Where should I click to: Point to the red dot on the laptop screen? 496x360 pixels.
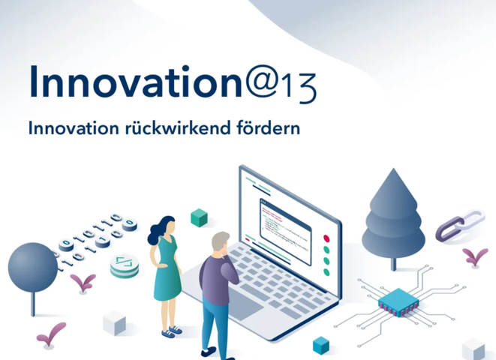pyautogui.click(x=326, y=238)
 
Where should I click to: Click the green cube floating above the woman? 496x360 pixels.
pyautogui.click(x=200, y=217)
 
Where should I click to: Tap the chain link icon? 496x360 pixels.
pyautogui.click(x=460, y=225)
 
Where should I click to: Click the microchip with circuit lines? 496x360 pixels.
pyautogui.click(x=398, y=301)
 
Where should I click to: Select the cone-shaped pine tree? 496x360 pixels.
pyautogui.click(x=393, y=218)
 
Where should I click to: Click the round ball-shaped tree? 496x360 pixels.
pyautogui.click(x=32, y=268)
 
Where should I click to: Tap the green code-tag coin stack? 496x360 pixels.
pyautogui.click(x=125, y=265)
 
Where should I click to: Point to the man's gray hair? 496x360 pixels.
pyautogui.click(x=220, y=240)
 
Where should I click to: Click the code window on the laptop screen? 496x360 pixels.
pyautogui.click(x=285, y=232)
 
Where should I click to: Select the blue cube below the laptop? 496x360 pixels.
pyautogui.click(x=320, y=345)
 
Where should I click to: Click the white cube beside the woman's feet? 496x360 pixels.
pyautogui.click(x=114, y=322)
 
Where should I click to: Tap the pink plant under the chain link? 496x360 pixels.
pyautogui.click(x=475, y=256)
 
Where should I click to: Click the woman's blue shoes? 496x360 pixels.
pyautogui.click(x=172, y=331)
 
